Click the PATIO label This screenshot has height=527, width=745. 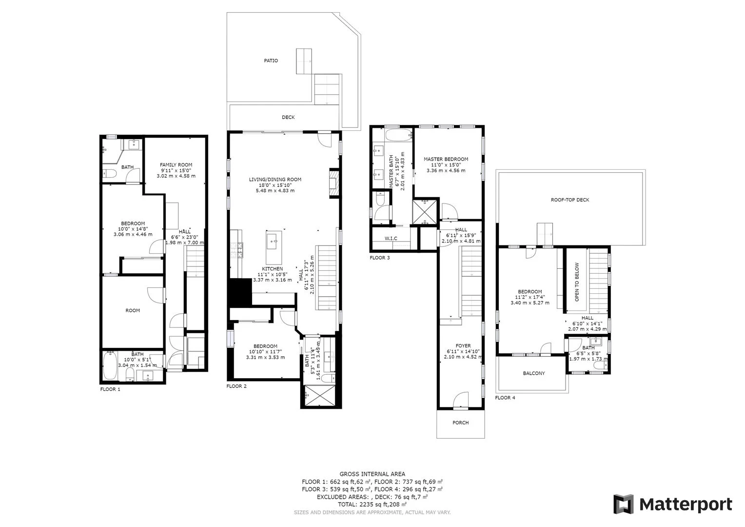click(271, 61)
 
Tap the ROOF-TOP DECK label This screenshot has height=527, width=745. click(570, 200)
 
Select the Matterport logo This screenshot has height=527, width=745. click(672, 505)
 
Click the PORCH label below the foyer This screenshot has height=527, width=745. click(460, 423)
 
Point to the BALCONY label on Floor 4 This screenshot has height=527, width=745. click(534, 373)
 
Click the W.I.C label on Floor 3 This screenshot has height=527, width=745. click(391, 238)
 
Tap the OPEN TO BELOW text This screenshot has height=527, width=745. click(577, 282)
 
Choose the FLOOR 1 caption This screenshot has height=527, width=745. click(110, 389)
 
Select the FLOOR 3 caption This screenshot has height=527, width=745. click(379, 258)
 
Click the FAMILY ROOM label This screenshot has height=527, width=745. click(176, 165)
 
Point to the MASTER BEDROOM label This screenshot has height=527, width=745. click(446, 159)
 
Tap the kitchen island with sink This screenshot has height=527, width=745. click(274, 247)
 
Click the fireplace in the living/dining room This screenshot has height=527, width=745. click(334, 184)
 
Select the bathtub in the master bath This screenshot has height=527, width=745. click(399, 136)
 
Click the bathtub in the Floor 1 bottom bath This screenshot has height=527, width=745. click(110, 365)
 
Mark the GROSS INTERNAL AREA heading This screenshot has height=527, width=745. click(372, 474)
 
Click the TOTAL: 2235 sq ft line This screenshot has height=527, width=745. click(372, 505)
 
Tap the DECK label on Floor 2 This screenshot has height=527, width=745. click(288, 117)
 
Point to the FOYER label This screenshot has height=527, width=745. click(463, 345)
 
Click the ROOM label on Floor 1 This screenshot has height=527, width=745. click(132, 310)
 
